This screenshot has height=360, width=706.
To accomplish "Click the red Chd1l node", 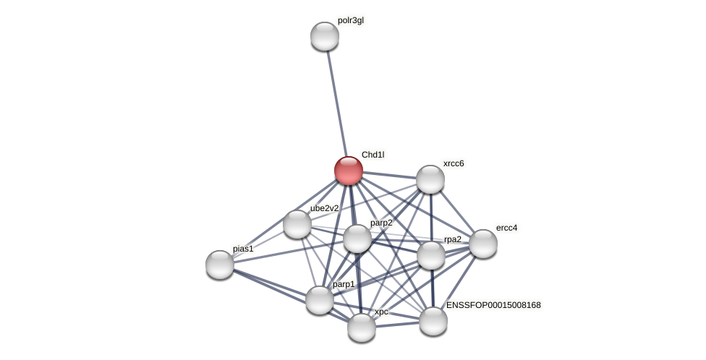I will click(x=348, y=171).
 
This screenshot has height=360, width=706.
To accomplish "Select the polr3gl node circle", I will click(x=325, y=36).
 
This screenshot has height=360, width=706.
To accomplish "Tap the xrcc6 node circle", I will click(x=430, y=179).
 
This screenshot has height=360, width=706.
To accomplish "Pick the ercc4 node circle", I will click(x=482, y=244).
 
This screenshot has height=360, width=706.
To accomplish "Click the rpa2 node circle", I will click(x=430, y=255).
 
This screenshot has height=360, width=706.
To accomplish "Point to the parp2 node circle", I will click(x=357, y=239).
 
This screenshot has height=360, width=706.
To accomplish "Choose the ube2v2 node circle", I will click(x=297, y=224).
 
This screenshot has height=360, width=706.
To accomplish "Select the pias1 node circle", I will click(x=220, y=265).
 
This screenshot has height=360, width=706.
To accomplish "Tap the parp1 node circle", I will click(x=319, y=300).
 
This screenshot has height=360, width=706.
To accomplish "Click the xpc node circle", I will click(x=361, y=327).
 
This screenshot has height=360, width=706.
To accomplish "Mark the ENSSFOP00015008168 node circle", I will click(x=433, y=321).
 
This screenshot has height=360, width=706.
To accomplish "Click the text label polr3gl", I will click(x=351, y=20).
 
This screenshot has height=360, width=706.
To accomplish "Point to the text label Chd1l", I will click(x=373, y=155).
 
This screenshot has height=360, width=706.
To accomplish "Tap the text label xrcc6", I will click(x=454, y=163).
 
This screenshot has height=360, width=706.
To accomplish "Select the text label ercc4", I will click(x=506, y=228).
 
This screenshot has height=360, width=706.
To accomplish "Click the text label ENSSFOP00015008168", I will click(x=493, y=305).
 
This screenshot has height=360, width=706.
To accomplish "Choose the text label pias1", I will click(x=243, y=249).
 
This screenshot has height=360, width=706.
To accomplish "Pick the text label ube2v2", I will click(x=324, y=208).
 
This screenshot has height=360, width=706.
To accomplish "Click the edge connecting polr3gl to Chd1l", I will click(x=336, y=101).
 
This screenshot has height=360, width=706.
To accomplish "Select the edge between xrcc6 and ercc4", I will click(x=456, y=212).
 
